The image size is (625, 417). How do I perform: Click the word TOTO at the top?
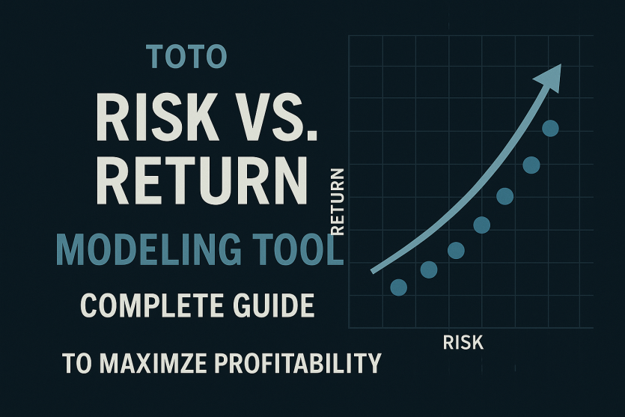[186, 57]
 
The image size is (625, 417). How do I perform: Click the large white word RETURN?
[202, 180]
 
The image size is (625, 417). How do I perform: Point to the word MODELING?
[149, 249]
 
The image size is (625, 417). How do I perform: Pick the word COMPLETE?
[152, 305]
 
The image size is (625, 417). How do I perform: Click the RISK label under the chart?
[463, 342]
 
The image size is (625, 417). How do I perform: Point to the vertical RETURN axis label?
[338, 201]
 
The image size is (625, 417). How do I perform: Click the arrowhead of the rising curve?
[549, 78]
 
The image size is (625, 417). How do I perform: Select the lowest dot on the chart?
[399, 287]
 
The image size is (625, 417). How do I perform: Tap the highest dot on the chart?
[550, 128]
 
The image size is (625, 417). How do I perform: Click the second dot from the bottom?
[429, 270]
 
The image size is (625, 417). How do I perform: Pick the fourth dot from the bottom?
[482, 225]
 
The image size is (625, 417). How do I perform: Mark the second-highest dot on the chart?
[531, 165]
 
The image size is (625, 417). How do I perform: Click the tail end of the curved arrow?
[372, 272]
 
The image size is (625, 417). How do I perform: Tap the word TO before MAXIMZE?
[76, 363]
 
